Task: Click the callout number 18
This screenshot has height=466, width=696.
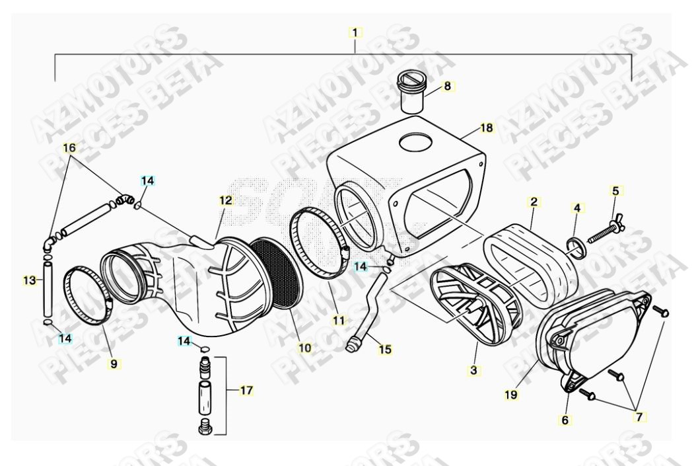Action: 487,128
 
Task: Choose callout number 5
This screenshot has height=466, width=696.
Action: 615,192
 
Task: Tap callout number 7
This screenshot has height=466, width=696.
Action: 640,417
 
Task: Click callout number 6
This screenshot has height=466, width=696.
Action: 566,420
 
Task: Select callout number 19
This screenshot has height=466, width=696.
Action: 511,395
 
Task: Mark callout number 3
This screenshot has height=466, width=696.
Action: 473,371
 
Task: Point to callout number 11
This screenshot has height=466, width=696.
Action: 339,321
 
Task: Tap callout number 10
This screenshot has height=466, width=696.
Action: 304,347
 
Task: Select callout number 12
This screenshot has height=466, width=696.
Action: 226,199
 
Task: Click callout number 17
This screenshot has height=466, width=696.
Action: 246,391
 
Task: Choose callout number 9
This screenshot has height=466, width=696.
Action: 114,363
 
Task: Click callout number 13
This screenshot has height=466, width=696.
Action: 29,280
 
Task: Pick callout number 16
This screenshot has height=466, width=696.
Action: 69,148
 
